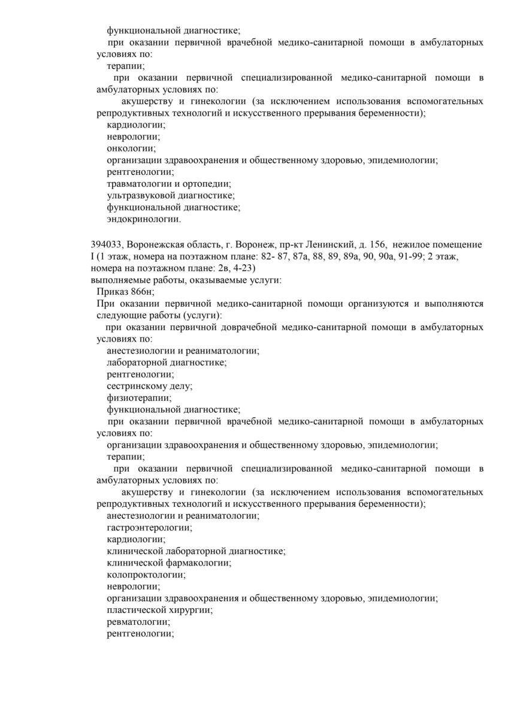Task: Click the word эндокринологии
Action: coord(143,219)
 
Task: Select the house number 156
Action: coord(372,244)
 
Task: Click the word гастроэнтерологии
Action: coord(149,528)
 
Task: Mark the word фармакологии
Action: coord(198,563)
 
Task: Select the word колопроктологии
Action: coord(146,575)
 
